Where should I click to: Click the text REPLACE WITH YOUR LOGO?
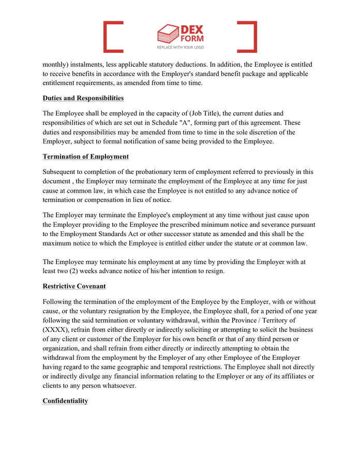[x=180, y=47]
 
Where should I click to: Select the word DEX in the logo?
[x=191, y=30]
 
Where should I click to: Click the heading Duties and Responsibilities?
[x=83, y=98]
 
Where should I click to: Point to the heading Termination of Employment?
[x=86, y=156]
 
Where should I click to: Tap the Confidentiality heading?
[x=65, y=401]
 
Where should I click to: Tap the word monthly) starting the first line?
[x=57, y=65]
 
